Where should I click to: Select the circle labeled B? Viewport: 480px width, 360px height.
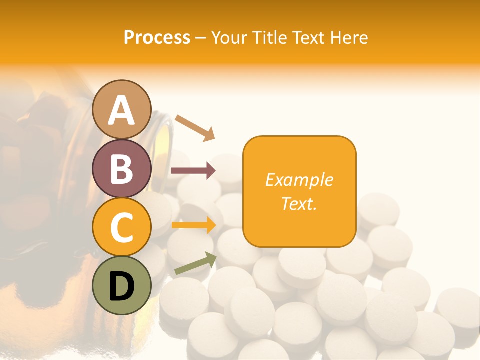pos(122,168)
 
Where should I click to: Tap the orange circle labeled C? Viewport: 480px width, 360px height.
pos(122,227)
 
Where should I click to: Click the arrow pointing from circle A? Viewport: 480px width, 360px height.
pos(195,127)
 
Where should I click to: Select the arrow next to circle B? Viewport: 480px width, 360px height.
pos(193,171)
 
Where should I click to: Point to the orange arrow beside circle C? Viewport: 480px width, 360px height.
pos(193,225)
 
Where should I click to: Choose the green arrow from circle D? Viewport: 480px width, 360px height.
pos(195,263)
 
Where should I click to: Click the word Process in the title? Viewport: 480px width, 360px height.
pos(157,37)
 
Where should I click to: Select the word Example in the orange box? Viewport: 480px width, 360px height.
pos(299,180)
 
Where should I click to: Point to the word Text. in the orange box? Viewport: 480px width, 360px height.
pos(299,203)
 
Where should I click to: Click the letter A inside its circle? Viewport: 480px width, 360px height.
pos(122,110)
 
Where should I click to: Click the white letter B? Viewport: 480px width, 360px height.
pos(122,169)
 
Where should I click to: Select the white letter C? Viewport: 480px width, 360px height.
pos(122,228)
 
